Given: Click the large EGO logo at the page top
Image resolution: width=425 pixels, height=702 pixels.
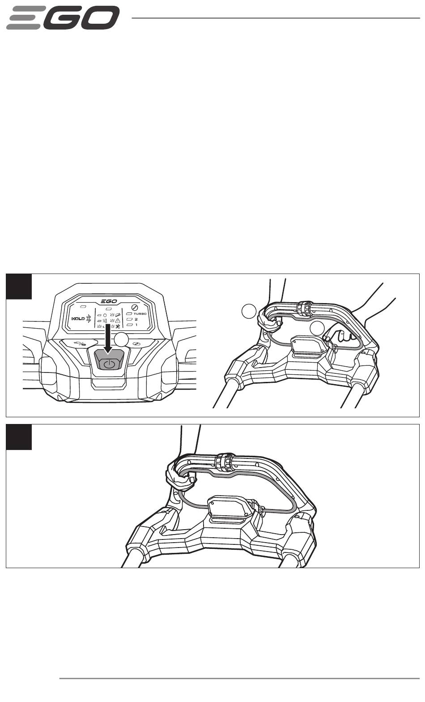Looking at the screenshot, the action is tap(63, 18).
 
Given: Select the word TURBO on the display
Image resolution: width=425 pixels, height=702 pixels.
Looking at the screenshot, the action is tap(140, 314).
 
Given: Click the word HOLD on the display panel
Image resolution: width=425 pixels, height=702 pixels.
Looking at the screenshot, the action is tap(78, 319).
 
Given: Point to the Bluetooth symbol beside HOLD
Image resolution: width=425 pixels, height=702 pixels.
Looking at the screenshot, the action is tap(89, 319).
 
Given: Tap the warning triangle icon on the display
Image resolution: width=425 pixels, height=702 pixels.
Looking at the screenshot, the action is tap(118, 320).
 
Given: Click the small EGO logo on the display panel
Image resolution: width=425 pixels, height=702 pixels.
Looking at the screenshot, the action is tap(109, 301).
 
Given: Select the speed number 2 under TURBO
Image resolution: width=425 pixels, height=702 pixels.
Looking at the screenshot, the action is tap(136, 319).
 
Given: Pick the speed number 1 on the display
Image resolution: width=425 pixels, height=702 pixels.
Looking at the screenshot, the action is tap(136, 325).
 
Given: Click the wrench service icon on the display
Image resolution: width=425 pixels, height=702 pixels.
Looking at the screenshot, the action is tap(118, 326).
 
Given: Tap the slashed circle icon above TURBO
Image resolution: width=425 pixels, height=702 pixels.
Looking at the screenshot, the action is tap(135, 307).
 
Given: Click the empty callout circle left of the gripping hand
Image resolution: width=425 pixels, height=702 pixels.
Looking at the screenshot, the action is tap(250, 311).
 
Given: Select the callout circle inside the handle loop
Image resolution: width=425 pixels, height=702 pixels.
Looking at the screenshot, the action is tap(317, 328).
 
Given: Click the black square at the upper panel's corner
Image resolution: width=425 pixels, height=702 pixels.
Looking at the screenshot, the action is tap(19, 287).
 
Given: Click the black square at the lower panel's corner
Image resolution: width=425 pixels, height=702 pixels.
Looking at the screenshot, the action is tap(19, 437).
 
